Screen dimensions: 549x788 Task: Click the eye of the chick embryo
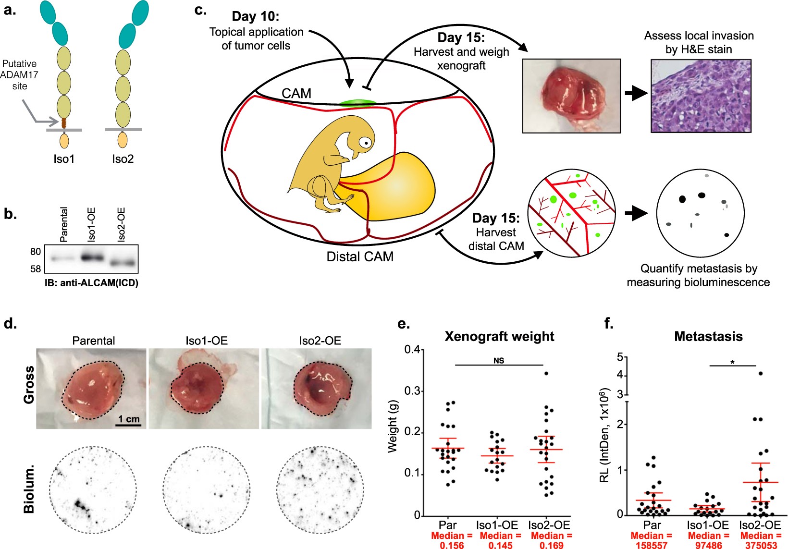point(366,142)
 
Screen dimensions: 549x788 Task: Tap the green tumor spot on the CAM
point(357,103)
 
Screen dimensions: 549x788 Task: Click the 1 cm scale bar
point(129,425)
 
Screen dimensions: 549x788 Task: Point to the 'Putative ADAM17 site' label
point(20,75)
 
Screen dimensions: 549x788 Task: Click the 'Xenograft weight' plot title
point(499,336)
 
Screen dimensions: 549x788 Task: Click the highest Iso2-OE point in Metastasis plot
point(760,373)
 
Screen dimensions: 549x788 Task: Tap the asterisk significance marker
point(732,362)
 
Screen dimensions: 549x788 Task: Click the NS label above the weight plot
point(499,361)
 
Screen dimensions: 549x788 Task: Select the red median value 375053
point(761,545)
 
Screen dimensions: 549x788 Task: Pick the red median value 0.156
point(452,545)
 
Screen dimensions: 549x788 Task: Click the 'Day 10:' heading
point(255,16)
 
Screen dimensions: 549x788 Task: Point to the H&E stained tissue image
point(701,96)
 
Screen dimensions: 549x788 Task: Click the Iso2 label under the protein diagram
point(123,159)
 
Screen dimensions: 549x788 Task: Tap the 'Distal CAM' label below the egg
point(360,256)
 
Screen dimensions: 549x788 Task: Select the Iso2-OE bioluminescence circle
point(320,489)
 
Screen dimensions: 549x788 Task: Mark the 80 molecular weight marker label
point(36,252)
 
